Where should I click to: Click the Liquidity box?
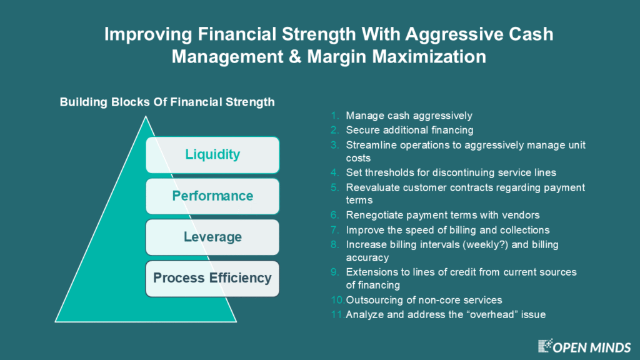pyautogui.click(x=212, y=155)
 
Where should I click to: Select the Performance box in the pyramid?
pyautogui.click(x=212, y=196)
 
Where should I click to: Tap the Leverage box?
pyautogui.click(x=212, y=237)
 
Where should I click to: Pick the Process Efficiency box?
pyautogui.click(x=212, y=278)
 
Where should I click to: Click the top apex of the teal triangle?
pyautogui.click(x=146, y=116)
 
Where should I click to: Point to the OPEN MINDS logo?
pyautogui.click(x=585, y=346)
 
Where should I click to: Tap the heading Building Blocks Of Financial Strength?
pyautogui.click(x=167, y=102)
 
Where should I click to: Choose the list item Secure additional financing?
pyautogui.click(x=410, y=130)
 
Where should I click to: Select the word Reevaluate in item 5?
pyautogui.click(x=370, y=187)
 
